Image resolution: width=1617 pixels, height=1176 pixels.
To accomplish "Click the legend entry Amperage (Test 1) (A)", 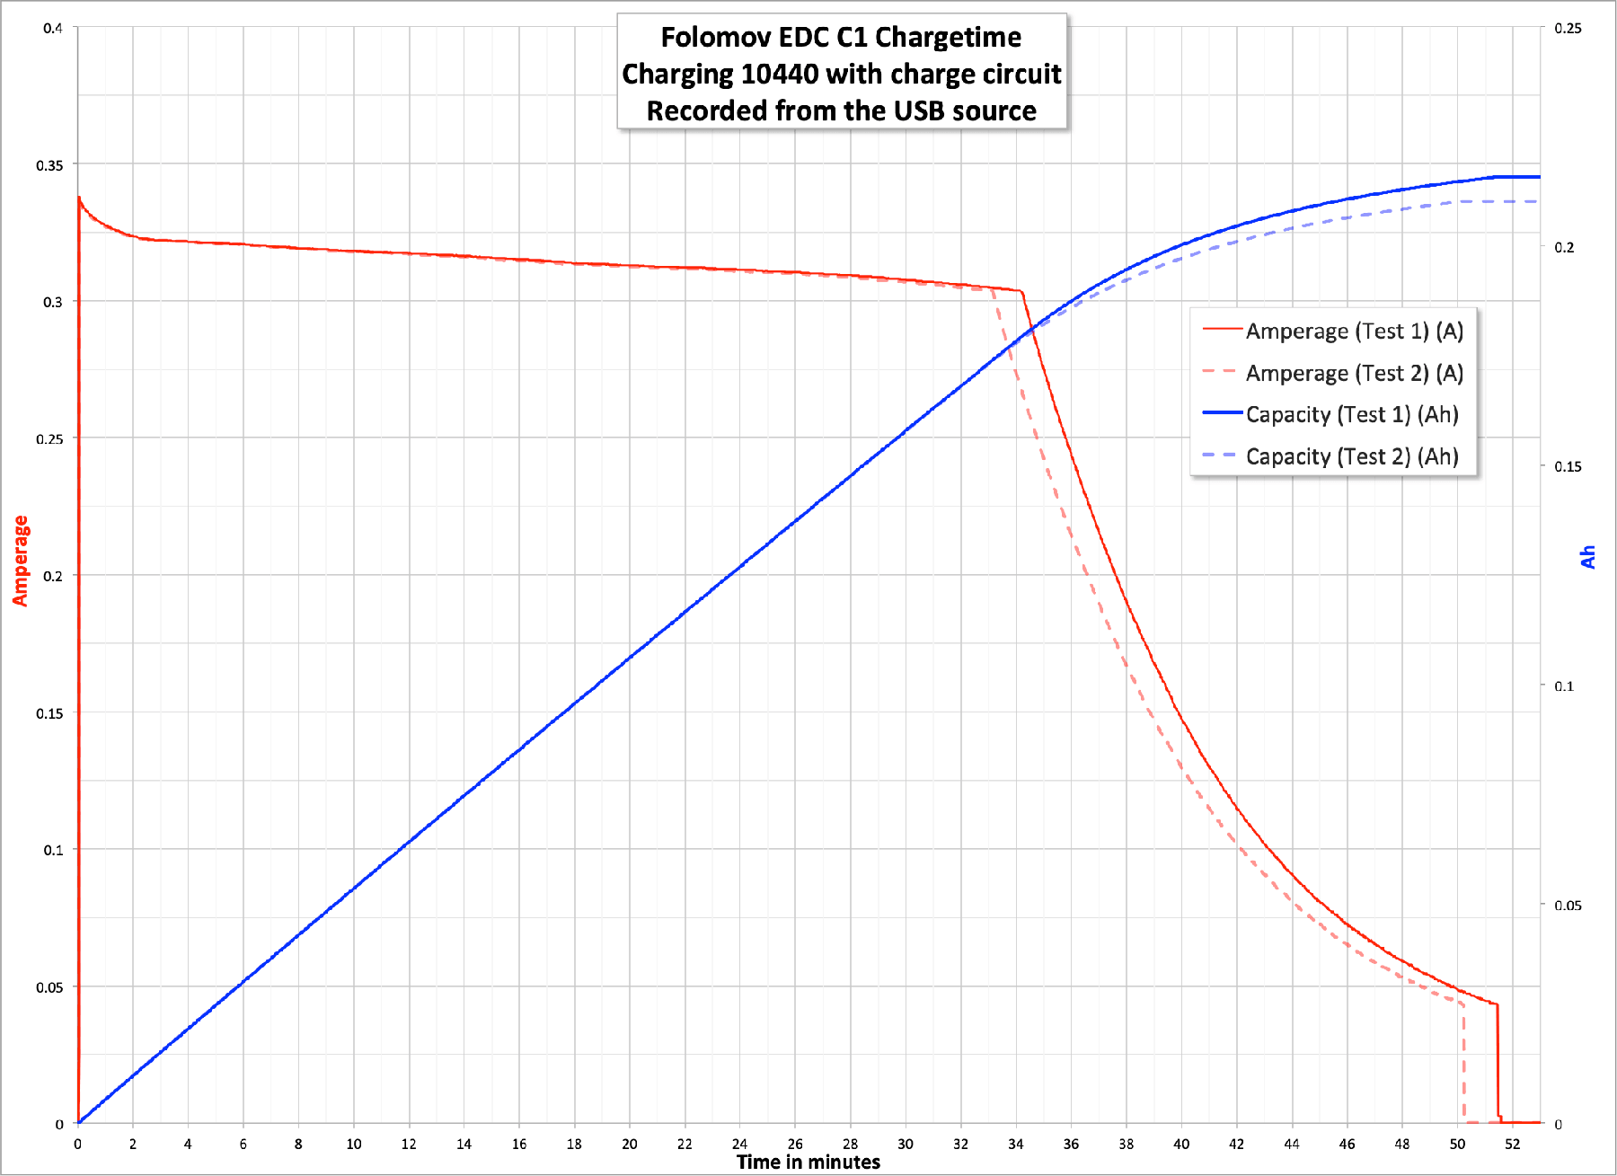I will (x=1354, y=332).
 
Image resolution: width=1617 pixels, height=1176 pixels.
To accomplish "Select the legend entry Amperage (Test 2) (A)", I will (x=1354, y=373).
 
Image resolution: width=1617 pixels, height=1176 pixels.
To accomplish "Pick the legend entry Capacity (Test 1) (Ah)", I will (x=1351, y=414).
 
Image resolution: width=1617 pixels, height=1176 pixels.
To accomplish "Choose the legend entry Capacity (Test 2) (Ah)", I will (x=1351, y=456).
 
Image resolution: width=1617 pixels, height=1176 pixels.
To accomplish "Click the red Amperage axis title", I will (x=20, y=561).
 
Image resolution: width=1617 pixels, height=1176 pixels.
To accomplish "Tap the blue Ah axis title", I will (x=1588, y=557).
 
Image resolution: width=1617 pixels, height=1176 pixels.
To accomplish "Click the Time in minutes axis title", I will (x=808, y=1163).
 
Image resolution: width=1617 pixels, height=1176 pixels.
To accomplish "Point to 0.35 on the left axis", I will (x=49, y=165).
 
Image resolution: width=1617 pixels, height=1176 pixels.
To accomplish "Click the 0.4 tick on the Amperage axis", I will (x=53, y=28).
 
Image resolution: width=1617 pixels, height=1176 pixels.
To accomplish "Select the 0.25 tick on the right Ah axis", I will (x=1568, y=28).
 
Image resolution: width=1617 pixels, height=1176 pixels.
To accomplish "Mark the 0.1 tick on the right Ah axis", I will (x=1564, y=686).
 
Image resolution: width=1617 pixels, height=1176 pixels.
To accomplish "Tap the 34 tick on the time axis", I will (x=1016, y=1144).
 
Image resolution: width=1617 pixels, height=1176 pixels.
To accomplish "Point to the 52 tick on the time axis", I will (x=1513, y=1144).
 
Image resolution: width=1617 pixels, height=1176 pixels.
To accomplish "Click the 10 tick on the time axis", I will (x=354, y=1144).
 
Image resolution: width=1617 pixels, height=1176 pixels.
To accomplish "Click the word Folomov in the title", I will (x=716, y=37).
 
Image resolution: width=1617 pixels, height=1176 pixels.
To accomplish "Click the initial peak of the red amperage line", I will (x=79, y=198).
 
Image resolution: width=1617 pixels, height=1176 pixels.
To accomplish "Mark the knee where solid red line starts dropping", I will (x=1022, y=291).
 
